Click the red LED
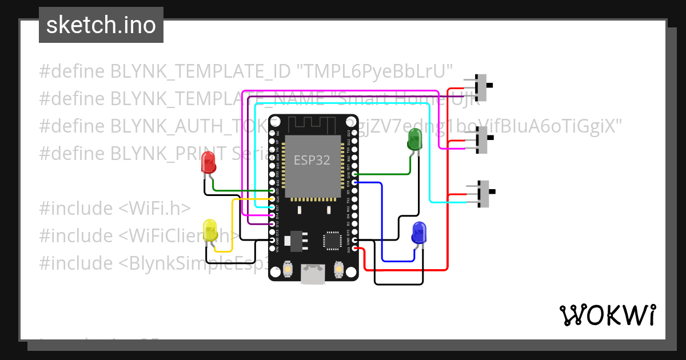pyautogui.click(x=209, y=163)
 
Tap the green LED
pyautogui.click(x=414, y=139)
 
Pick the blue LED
pyautogui.click(x=419, y=233)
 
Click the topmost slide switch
pyautogui.click(x=484, y=85)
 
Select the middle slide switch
pyautogui.click(x=484, y=138)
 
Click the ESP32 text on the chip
pyautogui.click(x=312, y=160)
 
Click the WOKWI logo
pyautogui.click(x=607, y=315)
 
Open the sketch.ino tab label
pyautogui.click(x=101, y=25)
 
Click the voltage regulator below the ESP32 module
pyautogui.click(x=295, y=241)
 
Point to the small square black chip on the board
pyautogui.click(x=332, y=241)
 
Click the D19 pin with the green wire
pyautogui.click(x=356, y=174)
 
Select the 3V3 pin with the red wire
pyautogui.click(x=356, y=249)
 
